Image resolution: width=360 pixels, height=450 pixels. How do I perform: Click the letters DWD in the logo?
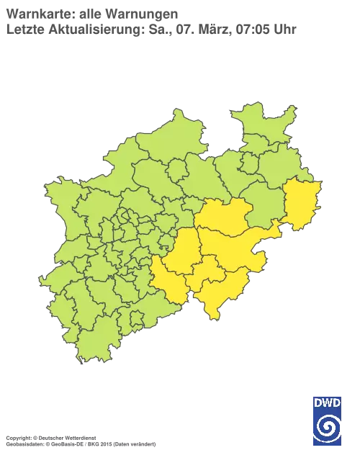(x=328, y=402)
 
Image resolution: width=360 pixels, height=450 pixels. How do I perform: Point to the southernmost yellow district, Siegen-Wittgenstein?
(x=220, y=292)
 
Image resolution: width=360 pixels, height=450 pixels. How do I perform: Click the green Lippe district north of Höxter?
(x=281, y=173)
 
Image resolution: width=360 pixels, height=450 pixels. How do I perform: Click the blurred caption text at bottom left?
(x=79, y=437)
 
